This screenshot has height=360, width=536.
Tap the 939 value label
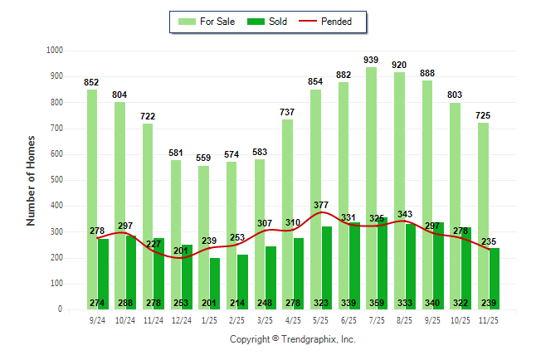point(371,60)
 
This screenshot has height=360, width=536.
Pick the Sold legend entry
point(270,22)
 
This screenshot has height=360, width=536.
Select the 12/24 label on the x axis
point(181,320)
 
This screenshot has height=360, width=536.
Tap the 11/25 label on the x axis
point(487,320)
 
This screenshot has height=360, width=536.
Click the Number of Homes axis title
point(31,180)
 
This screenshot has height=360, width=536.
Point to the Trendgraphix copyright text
point(292,339)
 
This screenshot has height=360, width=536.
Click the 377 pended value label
point(320,204)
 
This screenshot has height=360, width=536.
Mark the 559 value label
point(203,158)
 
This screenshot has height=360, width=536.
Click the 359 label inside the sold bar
point(383,303)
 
